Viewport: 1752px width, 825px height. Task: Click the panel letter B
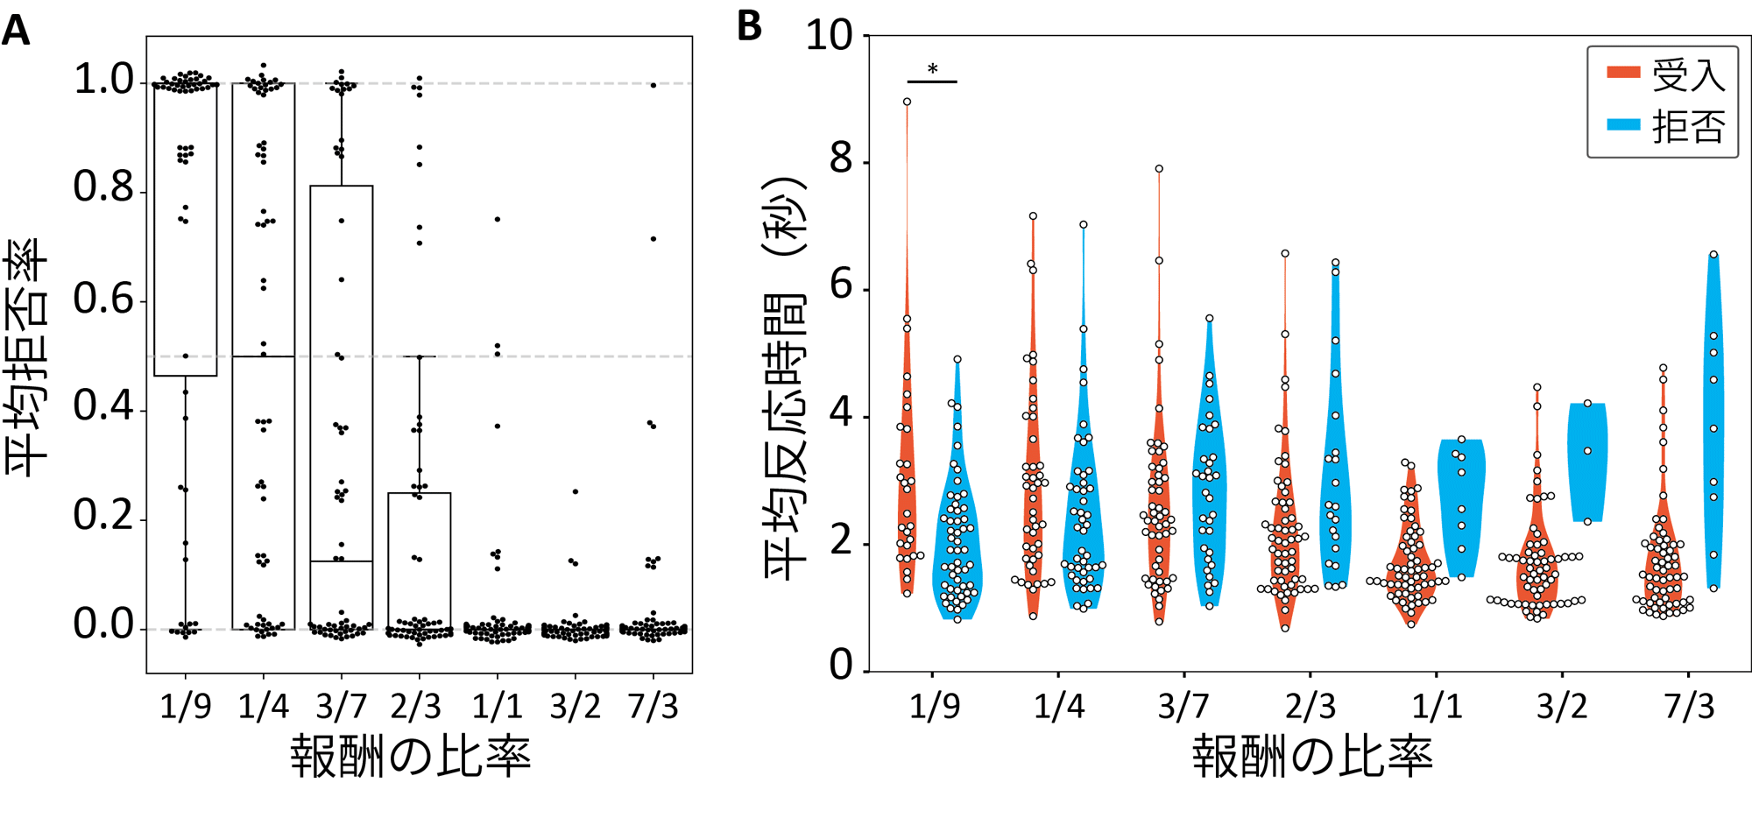point(749,25)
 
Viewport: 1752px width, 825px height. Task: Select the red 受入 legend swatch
point(1622,72)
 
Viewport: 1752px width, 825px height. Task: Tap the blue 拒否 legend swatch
point(1622,125)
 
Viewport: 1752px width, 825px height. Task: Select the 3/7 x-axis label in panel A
point(341,706)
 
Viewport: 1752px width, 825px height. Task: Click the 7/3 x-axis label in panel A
point(653,706)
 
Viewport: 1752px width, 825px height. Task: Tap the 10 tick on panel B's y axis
point(828,36)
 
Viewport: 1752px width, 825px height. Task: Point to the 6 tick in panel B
point(840,286)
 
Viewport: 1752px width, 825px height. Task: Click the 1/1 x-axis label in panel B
point(1437,706)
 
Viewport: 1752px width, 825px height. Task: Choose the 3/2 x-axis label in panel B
point(1563,706)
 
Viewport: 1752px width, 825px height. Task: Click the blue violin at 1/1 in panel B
point(1461,508)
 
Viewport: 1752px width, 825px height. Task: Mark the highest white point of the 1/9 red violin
point(907,102)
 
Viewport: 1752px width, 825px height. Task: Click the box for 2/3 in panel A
point(420,561)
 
